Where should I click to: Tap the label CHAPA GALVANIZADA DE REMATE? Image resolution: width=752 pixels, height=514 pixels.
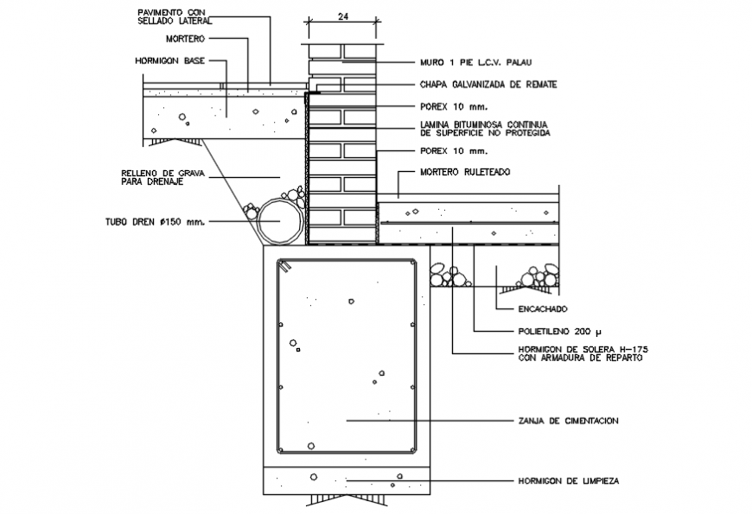488,85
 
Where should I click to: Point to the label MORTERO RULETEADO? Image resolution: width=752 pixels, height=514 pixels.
465,173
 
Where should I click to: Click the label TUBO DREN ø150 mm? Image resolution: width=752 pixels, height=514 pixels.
163,222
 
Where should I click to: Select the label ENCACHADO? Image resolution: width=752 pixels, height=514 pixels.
543,308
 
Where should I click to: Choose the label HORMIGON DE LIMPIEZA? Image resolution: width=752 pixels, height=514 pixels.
568,479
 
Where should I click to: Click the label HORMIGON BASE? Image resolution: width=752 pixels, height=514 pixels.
170,61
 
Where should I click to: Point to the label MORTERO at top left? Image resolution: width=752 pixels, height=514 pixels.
185,39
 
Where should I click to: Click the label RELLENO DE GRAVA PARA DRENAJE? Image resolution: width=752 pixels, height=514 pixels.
162,178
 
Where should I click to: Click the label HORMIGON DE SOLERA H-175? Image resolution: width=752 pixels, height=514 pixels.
583,352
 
